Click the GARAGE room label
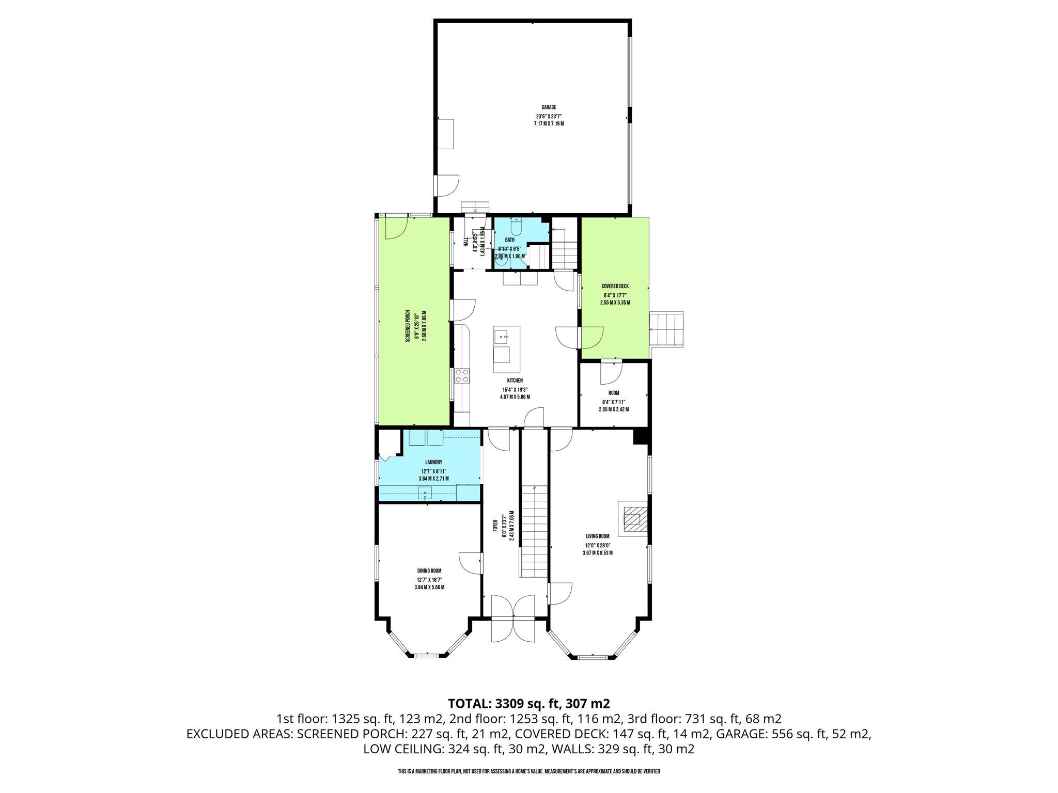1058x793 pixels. (x=549, y=107)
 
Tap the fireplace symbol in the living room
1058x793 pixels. (x=632, y=518)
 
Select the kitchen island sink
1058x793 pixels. (x=501, y=338)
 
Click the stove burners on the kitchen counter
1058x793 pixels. (x=462, y=375)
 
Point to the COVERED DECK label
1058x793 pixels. (x=615, y=286)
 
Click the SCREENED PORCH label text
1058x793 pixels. (x=408, y=326)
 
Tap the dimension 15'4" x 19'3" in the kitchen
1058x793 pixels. (x=515, y=390)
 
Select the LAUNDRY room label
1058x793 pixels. (x=433, y=462)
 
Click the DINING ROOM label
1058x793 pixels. (x=429, y=570)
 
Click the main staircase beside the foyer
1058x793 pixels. (x=534, y=532)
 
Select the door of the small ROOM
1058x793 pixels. (x=611, y=373)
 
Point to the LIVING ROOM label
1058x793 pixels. (x=597, y=536)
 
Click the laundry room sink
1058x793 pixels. (x=425, y=493)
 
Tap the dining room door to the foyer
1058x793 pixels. (x=471, y=563)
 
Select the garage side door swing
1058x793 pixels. (x=447, y=186)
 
